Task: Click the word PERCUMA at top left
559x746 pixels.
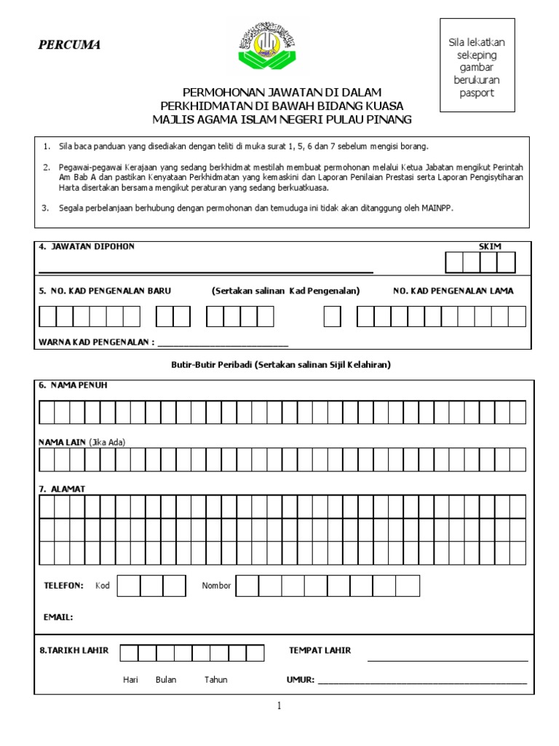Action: click(69, 45)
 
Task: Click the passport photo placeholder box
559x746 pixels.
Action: click(476, 68)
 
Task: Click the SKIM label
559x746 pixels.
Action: click(489, 246)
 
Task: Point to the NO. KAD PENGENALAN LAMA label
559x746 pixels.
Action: click(453, 291)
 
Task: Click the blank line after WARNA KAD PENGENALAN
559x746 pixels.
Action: click(223, 344)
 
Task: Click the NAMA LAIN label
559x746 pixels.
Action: click(63, 442)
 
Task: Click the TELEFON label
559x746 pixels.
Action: click(63, 586)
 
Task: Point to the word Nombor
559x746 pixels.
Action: click(216, 586)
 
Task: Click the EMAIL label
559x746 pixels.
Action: click(58, 617)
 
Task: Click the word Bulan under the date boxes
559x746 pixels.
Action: click(166, 680)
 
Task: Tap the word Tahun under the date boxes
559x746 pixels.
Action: click(215, 680)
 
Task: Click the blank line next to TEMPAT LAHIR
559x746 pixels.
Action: click(447, 660)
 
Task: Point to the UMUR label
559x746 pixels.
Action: click(301, 680)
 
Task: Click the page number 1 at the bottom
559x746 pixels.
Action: click(279, 705)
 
